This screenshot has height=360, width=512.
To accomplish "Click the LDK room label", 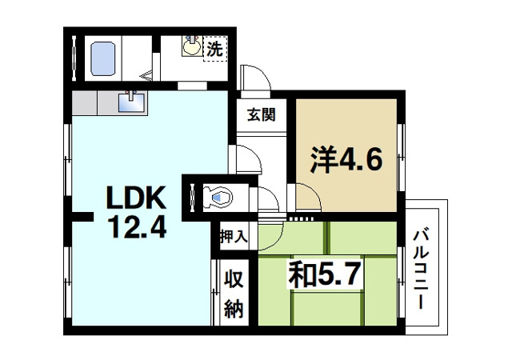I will click(132, 197).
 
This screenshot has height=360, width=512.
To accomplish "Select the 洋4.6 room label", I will click(346, 157).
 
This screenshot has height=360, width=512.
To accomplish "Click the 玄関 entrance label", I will click(260, 114).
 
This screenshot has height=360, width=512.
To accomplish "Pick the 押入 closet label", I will click(234, 236).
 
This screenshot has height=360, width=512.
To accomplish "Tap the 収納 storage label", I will click(233, 294).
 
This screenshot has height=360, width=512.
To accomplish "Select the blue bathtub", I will click(105, 57).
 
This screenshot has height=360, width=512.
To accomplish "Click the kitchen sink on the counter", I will click(131, 102).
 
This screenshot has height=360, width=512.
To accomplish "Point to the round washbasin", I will click(192, 46).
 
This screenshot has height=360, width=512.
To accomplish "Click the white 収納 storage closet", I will click(233, 293).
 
